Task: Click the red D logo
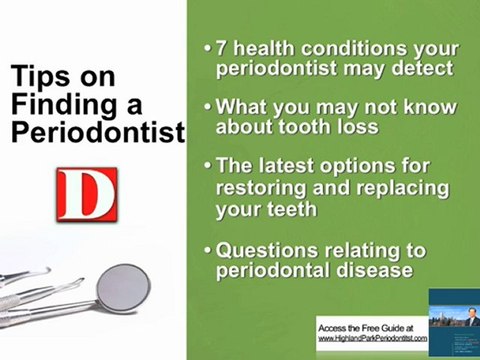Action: [x=87, y=196]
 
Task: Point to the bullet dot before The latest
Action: [x=207, y=165]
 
